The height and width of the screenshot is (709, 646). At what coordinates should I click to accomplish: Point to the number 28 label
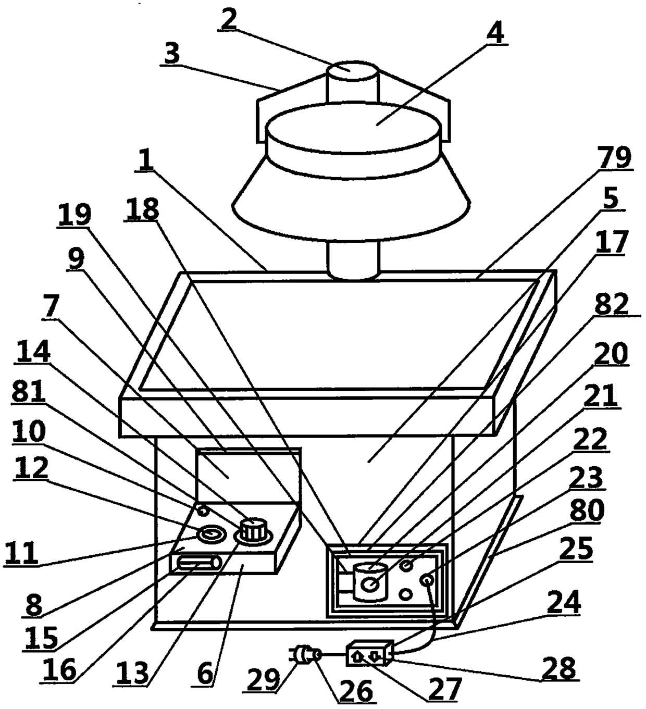[558, 669]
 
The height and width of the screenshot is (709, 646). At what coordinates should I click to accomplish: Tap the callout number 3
[172, 54]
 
